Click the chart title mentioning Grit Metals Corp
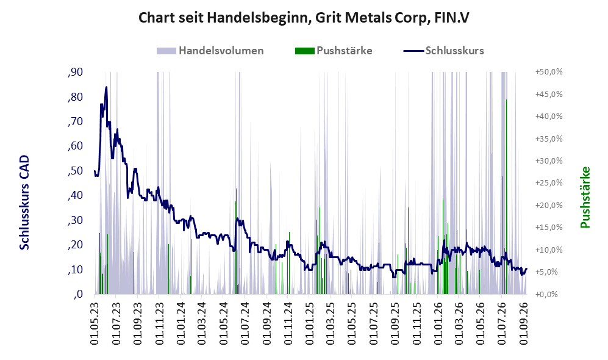[x=304, y=18]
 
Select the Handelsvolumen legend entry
[x=210, y=51]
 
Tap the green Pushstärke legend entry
[x=334, y=51]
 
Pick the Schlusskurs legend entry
[x=443, y=51]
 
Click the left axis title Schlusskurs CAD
[x=24, y=202]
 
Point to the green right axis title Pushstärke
[x=585, y=197]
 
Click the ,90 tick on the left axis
[x=75, y=72]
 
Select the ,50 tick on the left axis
[x=75, y=171]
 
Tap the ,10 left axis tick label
[x=75, y=270]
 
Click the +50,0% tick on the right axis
[x=549, y=72]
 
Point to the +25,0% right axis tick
[x=549, y=182]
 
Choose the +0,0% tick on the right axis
[x=547, y=294]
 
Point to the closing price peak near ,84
[x=106, y=88]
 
